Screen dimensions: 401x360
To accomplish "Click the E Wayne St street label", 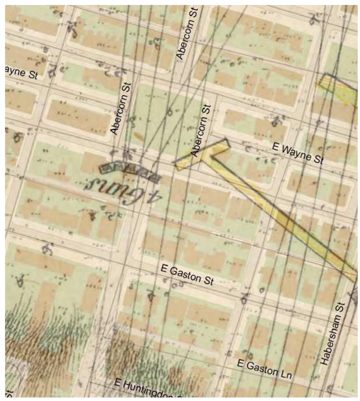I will pos(297,153).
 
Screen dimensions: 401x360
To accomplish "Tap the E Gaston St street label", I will pos(187,274).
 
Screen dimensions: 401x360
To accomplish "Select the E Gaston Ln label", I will pos(264,369).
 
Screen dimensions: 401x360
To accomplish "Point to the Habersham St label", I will pos(332,334).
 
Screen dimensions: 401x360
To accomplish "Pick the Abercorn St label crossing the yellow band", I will pos(201,130).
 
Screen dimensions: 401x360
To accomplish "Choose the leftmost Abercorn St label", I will pos(120,108).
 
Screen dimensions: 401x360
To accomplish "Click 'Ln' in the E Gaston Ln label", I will pos(285,374).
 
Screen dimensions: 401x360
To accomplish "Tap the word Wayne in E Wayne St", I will pos(295,152).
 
